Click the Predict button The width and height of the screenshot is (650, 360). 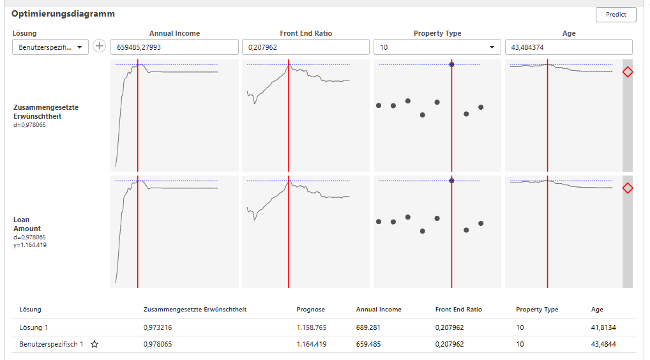pos(616,15)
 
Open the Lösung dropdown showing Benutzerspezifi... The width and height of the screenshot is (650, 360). pos(50,47)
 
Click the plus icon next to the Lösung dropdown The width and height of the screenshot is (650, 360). pos(100,46)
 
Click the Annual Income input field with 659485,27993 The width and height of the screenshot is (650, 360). pos(174,47)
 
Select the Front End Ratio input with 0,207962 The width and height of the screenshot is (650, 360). pos(305,47)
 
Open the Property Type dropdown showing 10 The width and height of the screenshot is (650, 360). pos(437,47)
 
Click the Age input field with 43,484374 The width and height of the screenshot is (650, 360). pos(568,47)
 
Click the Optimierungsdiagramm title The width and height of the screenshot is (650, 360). pos(63,13)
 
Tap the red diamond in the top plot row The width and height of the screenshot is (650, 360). pos(627,72)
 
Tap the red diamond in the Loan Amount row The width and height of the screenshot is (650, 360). pos(627,188)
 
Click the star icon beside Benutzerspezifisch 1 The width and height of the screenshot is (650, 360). pos(94,344)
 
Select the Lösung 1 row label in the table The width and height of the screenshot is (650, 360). pos(34,327)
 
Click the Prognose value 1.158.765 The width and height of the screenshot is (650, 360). pos(312,327)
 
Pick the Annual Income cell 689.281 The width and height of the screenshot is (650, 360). pos(368,327)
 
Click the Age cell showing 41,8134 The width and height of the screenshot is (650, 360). pos(603,327)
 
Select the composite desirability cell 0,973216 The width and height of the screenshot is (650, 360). pos(158,327)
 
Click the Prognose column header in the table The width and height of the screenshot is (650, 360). pos(310,310)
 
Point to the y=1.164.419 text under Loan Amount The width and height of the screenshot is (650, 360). pos(30,245)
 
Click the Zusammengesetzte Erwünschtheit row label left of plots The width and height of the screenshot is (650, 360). pos(46,112)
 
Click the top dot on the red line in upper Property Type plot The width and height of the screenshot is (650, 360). pos(451,64)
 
